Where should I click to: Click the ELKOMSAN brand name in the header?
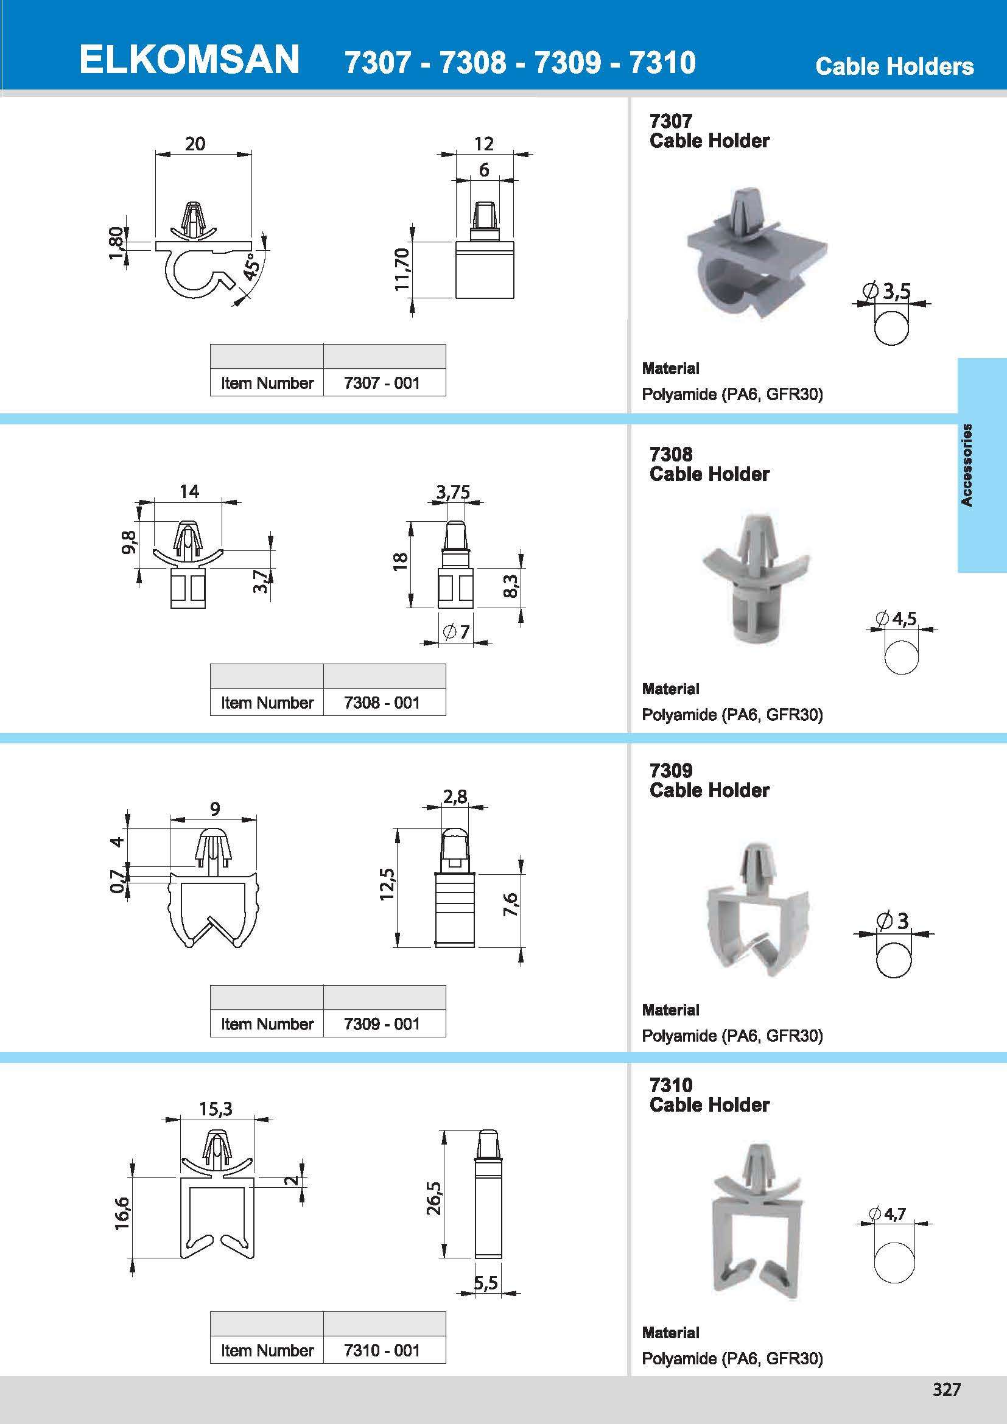pos(189,60)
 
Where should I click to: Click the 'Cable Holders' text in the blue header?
pos(894,66)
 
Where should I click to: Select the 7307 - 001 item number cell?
pos(382,384)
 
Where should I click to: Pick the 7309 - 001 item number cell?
pos(382,1023)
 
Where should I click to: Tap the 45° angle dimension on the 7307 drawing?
pos(250,267)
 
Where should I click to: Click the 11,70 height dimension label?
pos(402,269)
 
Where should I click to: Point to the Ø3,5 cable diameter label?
pos(889,290)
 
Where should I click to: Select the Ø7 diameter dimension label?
pos(457,632)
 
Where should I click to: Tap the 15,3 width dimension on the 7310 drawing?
pos(215,1108)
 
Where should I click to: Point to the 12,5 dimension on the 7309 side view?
pos(387,884)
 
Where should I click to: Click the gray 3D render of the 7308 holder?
pos(756,577)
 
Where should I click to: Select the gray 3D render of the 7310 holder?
pos(756,1221)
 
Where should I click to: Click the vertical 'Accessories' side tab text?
pos(966,465)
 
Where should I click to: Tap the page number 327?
pos(946,1389)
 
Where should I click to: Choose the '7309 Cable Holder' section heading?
pos(709,780)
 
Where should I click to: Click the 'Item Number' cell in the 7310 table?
pos(267,1350)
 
